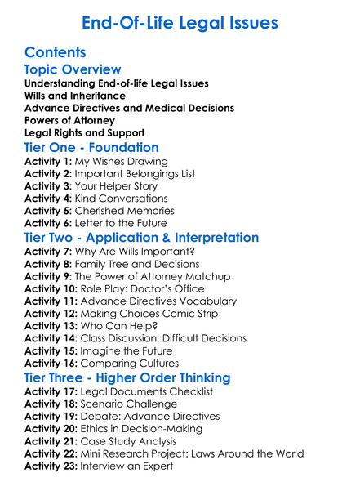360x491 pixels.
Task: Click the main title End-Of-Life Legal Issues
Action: [180, 23]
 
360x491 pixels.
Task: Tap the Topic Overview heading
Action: [73, 69]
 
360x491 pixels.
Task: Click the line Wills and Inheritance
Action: [75, 96]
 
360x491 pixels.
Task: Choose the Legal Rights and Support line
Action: [84, 132]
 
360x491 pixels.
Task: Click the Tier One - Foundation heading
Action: [91, 148]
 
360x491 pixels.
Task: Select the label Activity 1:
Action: [48, 163]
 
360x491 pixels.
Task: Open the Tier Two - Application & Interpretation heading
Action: [141, 239]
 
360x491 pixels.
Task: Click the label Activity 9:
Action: [48, 277]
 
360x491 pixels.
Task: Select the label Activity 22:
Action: [51, 453]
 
